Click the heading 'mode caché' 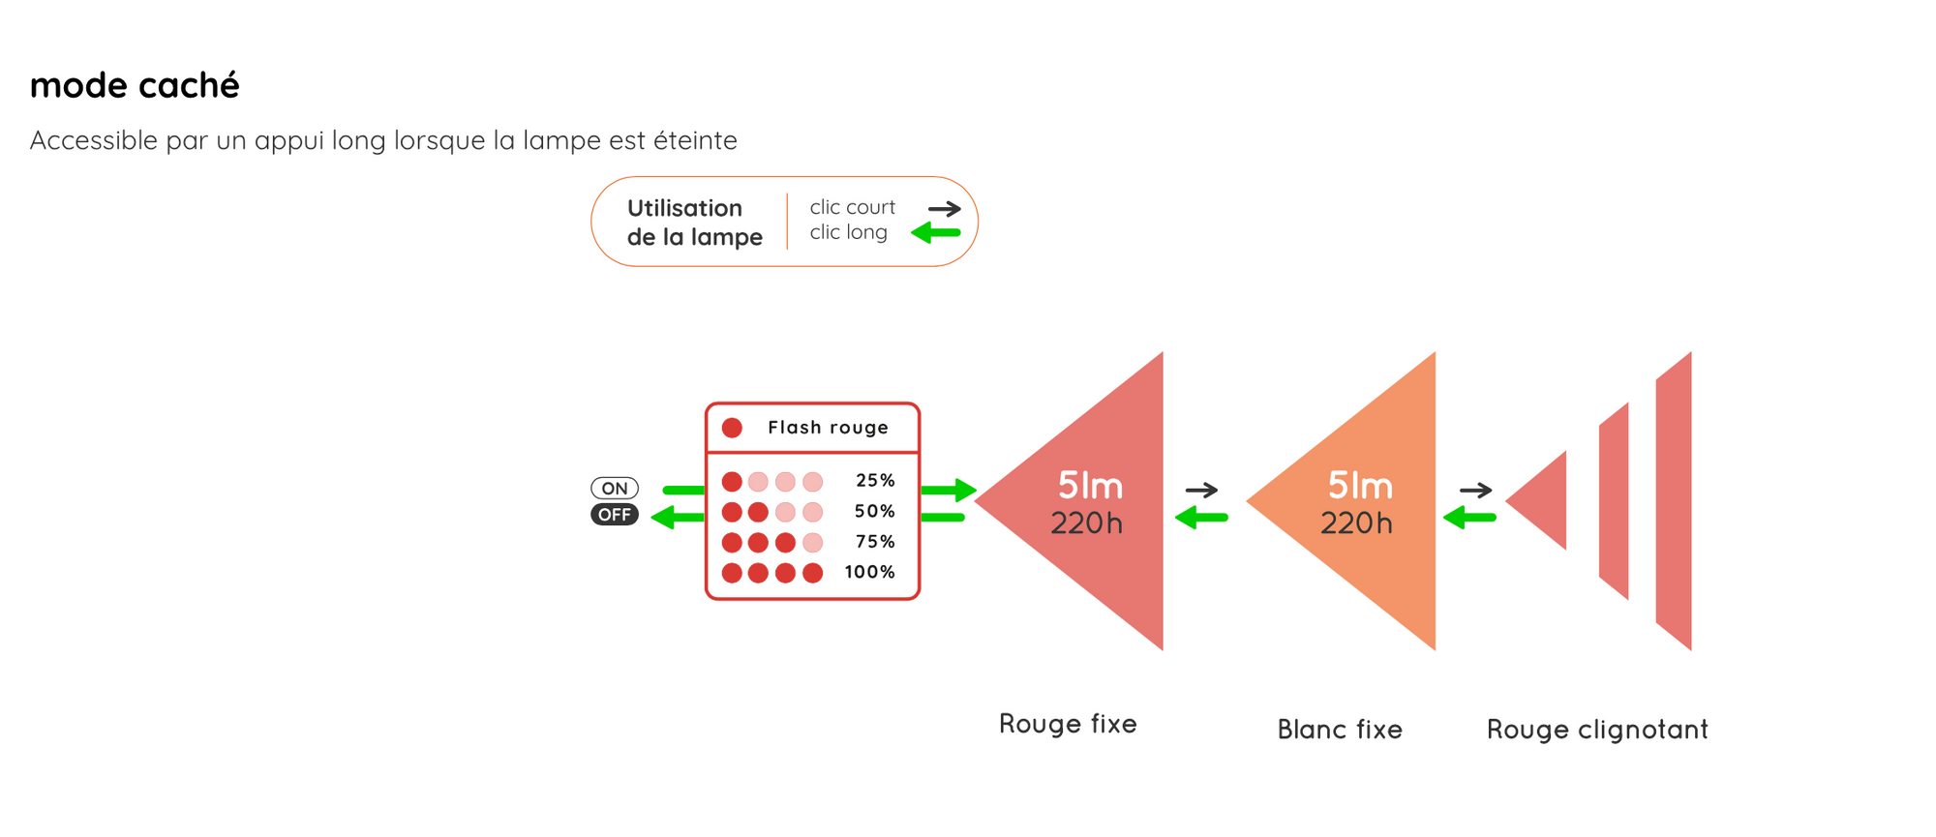click(135, 85)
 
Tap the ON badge click(615, 489)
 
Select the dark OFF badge click(615, 515)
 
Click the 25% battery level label click(875, 481)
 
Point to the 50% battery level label click(875, 511)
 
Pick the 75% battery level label click(875, 542)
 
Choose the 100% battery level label click(870, 572)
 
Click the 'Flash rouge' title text click(828, 428)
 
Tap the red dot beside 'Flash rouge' click(732, 428)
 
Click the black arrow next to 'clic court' click(945, 208)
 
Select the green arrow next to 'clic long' click(936, 232)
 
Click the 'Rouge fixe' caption click(1068, 724)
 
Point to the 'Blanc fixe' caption click(1340, 730)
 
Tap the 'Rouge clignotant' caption click(1597, 730)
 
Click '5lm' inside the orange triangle click(1360, 485)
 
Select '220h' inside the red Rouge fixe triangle click(1087, 523)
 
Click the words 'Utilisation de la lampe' click(694, 223)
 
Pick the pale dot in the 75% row click(813, 542)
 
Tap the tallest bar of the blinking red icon click(1674, 501)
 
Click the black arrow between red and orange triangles click(1201, 491)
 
